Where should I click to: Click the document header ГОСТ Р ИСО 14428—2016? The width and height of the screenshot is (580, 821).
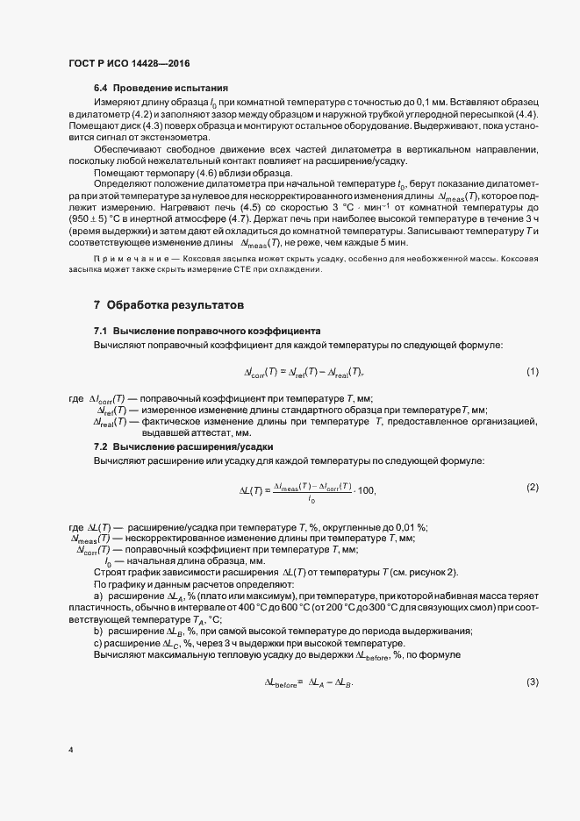pyautogui.click(x=128, y=64)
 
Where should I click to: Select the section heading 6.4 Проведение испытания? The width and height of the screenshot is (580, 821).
pyautogui.click(x=161, y=89)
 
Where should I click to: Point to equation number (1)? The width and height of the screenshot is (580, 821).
pyautogui.click(x=532, y=372)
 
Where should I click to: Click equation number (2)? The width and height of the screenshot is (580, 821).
pyautogui.click(x=532, y=487)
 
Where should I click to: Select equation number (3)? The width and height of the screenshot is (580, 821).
pyautogui.click(x=532, y=682)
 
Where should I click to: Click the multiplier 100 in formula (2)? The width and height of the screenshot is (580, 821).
pyautogui.click(x=367, y=490)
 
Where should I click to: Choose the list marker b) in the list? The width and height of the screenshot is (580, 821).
pyautogui.click(x=97, y=632)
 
